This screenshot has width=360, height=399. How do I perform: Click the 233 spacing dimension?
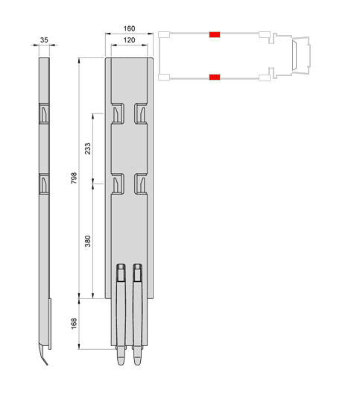coord(88,147)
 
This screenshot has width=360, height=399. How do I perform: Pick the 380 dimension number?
coord(88,239)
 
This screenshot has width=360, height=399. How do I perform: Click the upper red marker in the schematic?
coord(215,34)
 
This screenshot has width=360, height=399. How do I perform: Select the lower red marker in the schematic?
coord(215,76)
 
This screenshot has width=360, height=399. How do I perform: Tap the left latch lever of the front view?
coord(121,313)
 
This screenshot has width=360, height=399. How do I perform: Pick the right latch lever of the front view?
coord(137,313)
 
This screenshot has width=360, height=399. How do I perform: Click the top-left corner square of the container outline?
coord(163,34)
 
